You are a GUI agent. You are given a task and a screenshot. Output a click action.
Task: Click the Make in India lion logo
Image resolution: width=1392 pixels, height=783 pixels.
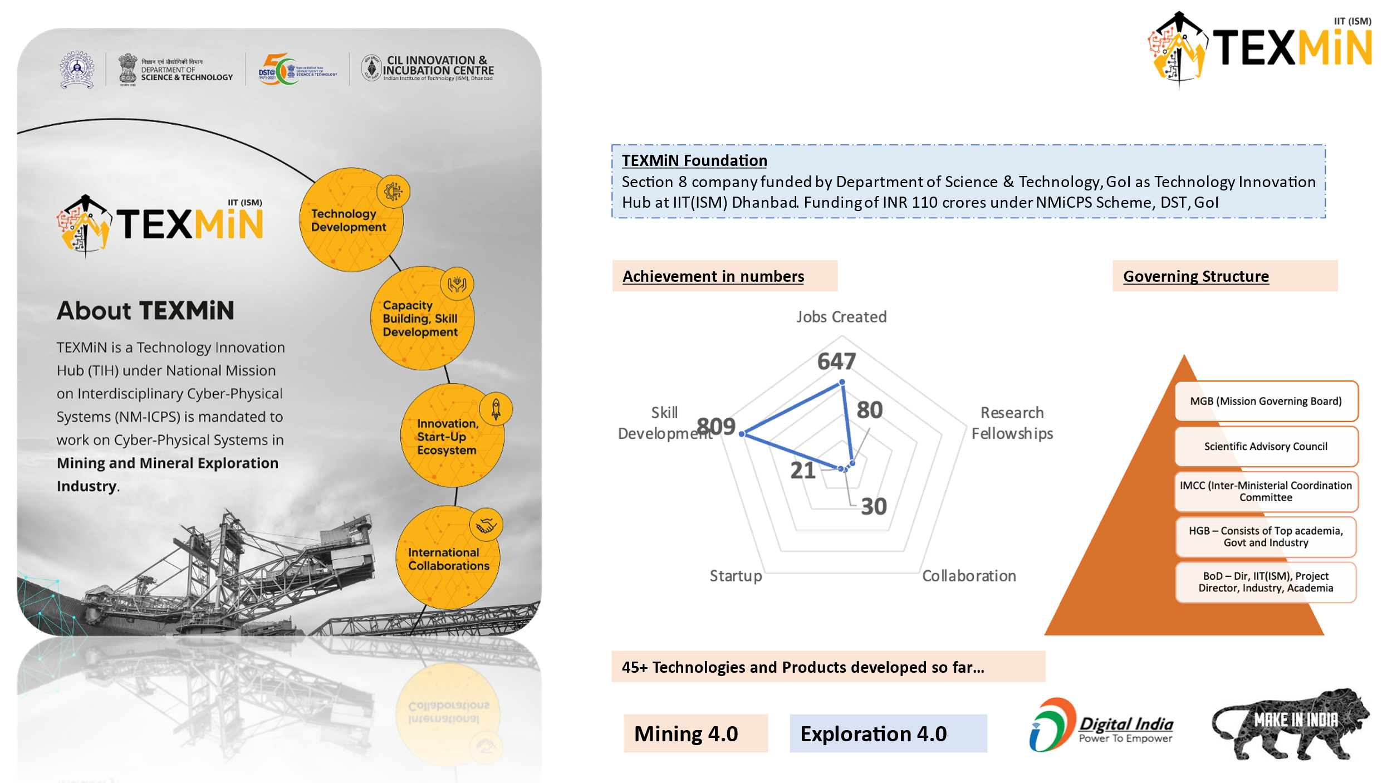coord(1290,724)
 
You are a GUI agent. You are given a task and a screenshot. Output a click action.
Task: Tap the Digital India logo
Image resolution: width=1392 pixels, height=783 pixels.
coord(1100,725)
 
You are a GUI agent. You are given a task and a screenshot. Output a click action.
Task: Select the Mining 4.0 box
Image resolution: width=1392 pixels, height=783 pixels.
coord(695,733)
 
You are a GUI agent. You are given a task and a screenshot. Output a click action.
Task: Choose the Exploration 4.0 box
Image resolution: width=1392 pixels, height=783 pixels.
coord(888,733)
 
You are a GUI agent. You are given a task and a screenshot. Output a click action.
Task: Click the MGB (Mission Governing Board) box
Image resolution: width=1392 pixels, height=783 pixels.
coord(1266,401)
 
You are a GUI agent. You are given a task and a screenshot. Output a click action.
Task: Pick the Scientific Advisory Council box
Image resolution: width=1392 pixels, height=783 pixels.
coord(1266,446)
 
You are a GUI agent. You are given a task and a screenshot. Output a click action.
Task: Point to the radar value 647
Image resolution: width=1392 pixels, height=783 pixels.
coord(836,361)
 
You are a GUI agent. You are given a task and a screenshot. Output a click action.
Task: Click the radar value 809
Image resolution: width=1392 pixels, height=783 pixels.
coord(717,427)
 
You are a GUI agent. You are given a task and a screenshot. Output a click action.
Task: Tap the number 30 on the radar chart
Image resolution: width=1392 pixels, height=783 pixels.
coord(874,506)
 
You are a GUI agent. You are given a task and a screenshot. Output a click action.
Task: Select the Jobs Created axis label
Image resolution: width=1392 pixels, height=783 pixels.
coord(841,317)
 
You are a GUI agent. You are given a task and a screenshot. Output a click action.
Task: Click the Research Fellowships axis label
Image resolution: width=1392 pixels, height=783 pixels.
coord(1012,423)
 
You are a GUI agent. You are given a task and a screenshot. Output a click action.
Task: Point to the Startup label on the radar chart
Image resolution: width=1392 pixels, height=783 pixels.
coord(736,576)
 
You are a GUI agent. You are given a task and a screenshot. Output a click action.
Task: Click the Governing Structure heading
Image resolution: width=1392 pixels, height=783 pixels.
coord(1195,276)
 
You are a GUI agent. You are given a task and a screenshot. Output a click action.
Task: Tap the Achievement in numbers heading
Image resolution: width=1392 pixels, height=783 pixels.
coord(713,276)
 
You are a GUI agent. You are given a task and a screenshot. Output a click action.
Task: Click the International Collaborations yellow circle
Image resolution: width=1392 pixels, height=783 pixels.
coord(448,559)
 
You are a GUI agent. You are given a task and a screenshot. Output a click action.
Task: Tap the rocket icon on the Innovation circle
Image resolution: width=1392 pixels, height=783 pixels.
coord(496,409)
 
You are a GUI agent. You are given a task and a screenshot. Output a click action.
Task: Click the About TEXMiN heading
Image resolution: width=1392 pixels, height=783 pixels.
coord(145,311)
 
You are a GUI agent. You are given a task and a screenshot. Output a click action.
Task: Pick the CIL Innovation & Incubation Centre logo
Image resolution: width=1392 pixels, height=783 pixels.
coord(428,68)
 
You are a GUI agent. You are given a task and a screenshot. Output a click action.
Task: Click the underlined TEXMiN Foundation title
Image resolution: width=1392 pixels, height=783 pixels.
coord(694,160)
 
